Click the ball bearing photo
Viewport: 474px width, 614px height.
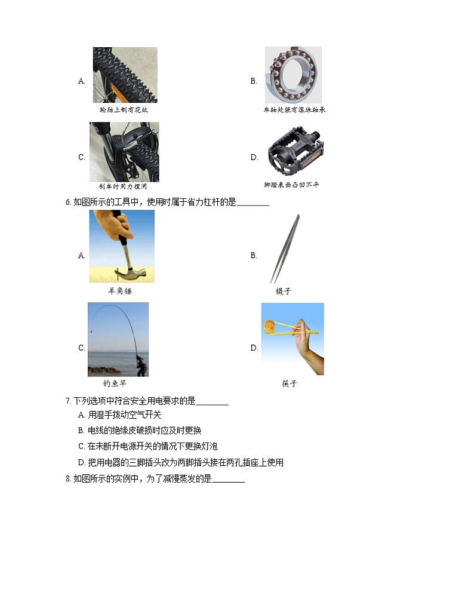pyautogui.click(x=293, y=75)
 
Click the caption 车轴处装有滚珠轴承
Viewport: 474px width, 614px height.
pyautogui.click(x=294, y=110)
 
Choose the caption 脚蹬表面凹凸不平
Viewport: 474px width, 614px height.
pyautogui.click(x=291, y=185)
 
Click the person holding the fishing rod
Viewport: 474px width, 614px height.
pyautogui.click(x=141, y=364)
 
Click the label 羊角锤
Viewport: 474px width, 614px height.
pyautogui.click(x=119, y=291)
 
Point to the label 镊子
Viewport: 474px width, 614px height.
pyautogui.click(x=283, y=291)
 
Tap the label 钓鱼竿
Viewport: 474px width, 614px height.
pyautogui.click(x=115, y=383)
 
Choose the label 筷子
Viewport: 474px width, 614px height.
pyautogui.click(x=290, y=383)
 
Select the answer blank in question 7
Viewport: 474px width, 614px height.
pyautogui.click(x=212, y=401)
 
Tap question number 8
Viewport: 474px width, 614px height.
pyautogui.click(x=68, y=479)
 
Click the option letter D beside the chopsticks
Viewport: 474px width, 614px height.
pyautogui.click(x=254, y=348)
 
